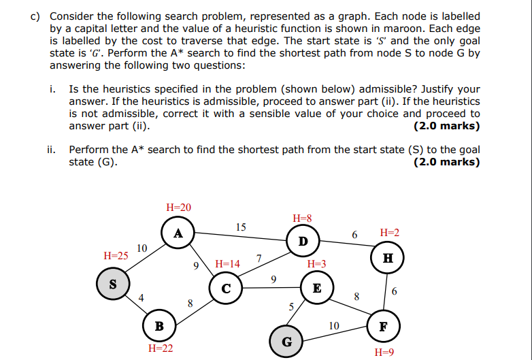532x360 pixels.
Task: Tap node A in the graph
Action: [178, 233]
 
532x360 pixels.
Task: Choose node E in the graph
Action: [316, 288]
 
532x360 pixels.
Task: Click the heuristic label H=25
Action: [116, 256]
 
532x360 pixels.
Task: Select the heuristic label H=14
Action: [227, 263]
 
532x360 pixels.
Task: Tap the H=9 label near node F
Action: [384, 353]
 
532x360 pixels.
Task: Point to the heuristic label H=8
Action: [302, 218]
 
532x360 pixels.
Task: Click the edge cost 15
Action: [241, 227]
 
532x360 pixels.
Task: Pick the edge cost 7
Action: [259, 258]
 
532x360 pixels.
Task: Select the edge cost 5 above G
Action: [290, 307]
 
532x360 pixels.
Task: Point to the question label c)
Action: [35, 16]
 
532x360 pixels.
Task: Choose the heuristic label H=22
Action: [160, 348]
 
